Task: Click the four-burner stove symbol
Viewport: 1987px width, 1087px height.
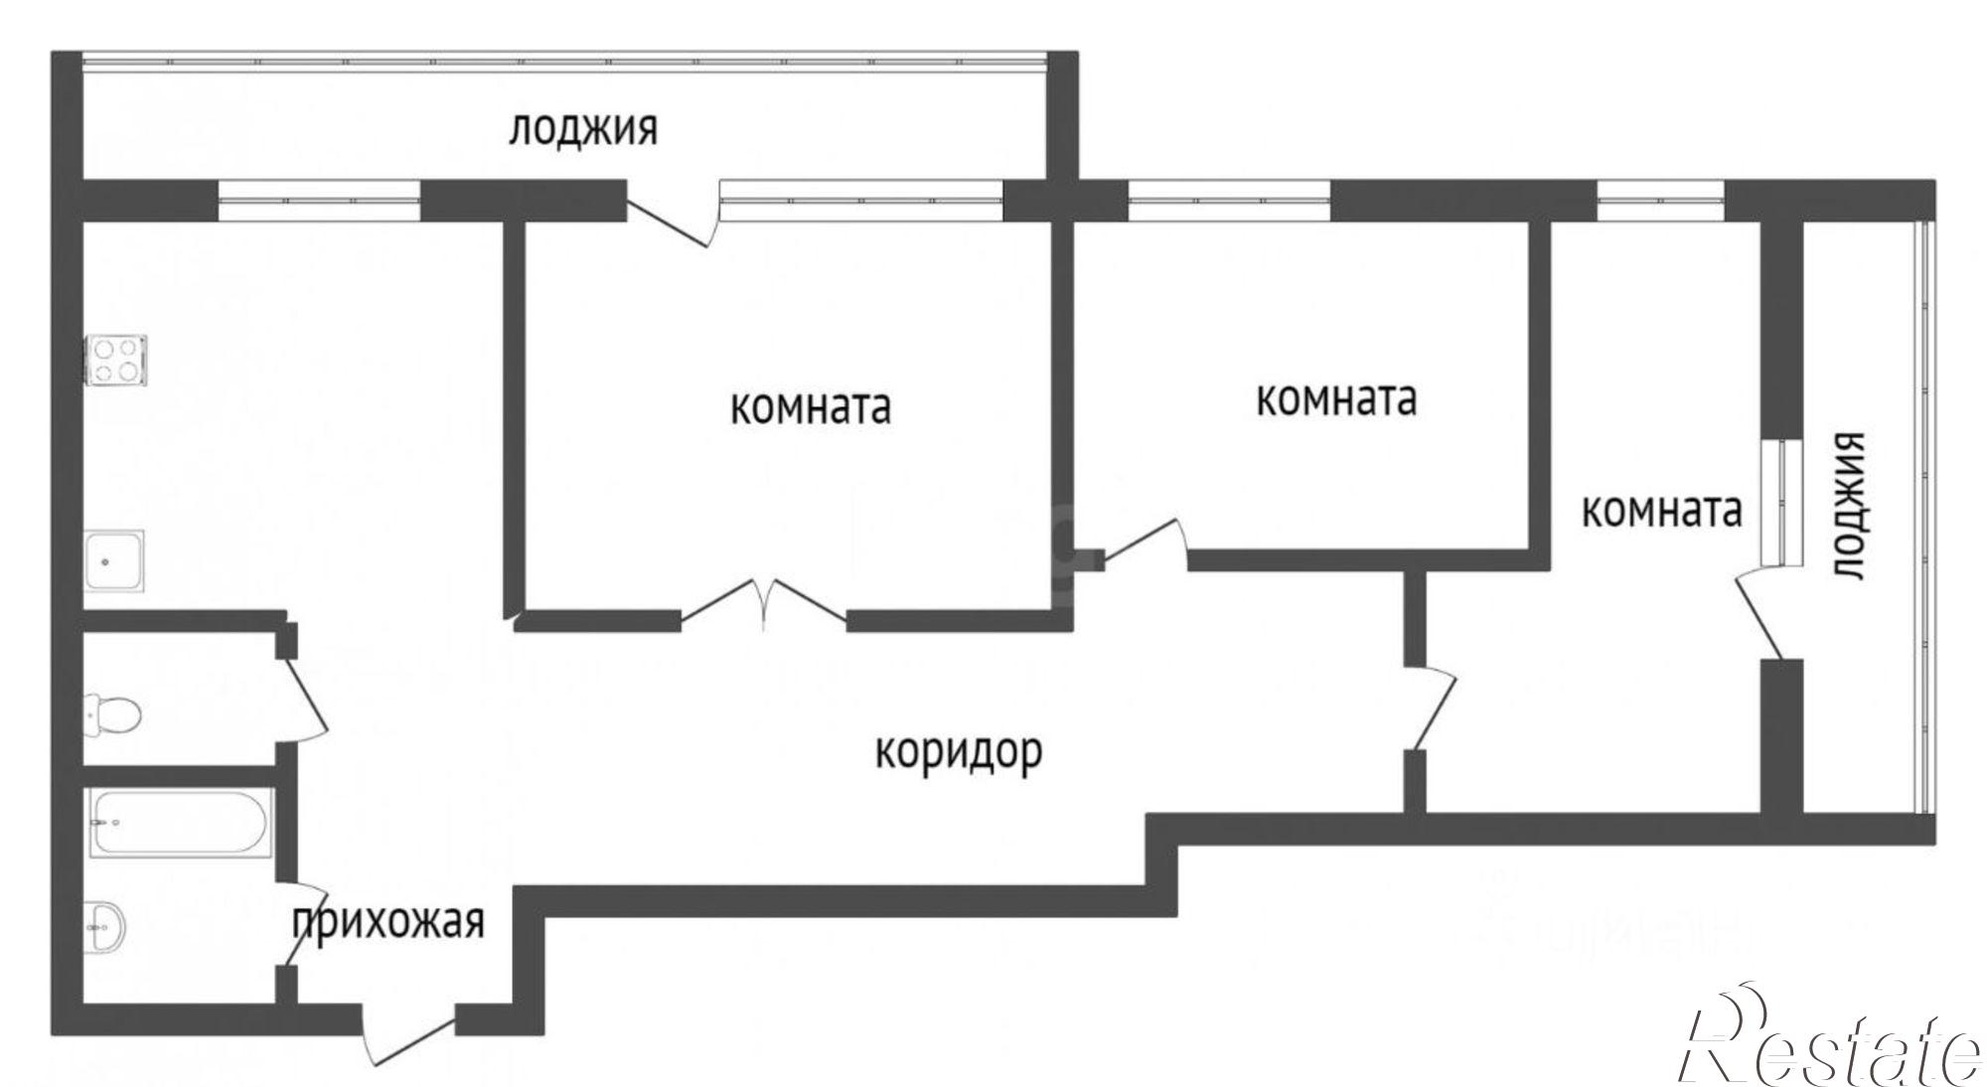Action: click(x=117, y=361)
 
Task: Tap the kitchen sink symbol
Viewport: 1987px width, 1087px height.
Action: click(x=115, y=562)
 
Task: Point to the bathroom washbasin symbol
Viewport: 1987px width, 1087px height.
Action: click(x=103, y=926)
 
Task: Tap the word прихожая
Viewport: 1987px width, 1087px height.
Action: click(x=388, y=923)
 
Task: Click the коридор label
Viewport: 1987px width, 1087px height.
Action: click(x=959, y=752)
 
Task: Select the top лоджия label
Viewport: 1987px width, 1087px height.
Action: click(x=583, y=130)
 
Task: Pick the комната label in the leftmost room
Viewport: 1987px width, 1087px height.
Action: click(x=810, y=408)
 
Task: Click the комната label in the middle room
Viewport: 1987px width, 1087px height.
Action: click(x=1336, y=399)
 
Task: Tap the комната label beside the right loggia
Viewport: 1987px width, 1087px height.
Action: click(x=1661, y=511)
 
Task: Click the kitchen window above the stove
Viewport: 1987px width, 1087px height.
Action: click(x=318, y=202)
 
